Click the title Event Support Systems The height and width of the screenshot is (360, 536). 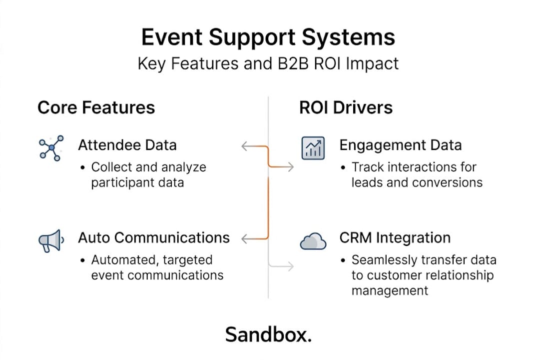click(268, 38)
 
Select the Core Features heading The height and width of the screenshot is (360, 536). click(96, 107)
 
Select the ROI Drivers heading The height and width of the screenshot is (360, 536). click(346, 107)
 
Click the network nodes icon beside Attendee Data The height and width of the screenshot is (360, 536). click(50, 148)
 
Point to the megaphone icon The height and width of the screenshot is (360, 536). click(50, 241)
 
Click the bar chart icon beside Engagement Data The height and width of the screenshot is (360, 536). click(313, 148)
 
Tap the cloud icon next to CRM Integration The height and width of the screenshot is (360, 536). click(313, 242)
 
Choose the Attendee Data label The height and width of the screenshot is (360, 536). click(127, 145)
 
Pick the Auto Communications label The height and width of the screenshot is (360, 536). click(154, 237)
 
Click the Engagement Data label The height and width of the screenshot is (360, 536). click(400, 145)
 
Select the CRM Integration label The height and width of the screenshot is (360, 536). click(395, 237)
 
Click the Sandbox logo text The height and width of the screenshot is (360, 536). click(268, 334)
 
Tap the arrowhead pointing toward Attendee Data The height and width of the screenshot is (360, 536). click(244, 146)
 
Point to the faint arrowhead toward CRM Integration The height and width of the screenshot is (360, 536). click(291, 267)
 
